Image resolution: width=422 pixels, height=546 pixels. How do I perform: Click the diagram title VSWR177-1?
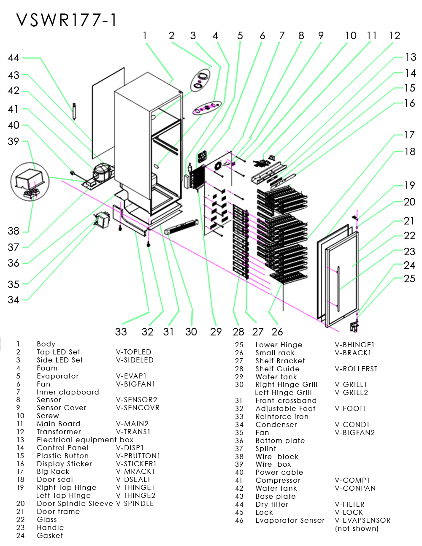(x=67, y=20)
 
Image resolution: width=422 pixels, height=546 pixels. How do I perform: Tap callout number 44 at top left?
(x=14, y=58)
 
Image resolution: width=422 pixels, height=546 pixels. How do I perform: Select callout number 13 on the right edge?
(x=410, y=57)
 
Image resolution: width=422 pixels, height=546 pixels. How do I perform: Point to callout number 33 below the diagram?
(x=121, y=332)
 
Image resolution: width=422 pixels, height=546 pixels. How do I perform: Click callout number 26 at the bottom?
(x=277, y=332)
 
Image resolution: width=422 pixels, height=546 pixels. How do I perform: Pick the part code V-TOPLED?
(x=133, y=352)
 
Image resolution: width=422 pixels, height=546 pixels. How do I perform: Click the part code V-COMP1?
(x=352, y=480)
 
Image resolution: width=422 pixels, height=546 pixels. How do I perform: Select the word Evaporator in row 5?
(x=58, y=376)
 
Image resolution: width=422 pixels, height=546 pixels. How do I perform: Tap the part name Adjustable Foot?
(x=285, y=408)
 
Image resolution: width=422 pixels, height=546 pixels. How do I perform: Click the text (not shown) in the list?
(x=357, y=528)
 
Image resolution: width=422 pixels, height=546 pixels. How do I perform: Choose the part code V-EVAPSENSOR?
(x=362, y=520)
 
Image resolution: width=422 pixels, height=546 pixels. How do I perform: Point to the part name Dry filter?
(x=272, y=504)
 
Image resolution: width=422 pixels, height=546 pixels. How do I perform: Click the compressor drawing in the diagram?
(x=101, y=171)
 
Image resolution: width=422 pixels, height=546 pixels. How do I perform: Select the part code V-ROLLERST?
(x=356, y=369)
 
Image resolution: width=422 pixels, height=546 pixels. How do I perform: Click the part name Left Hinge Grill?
(x=283, y=392)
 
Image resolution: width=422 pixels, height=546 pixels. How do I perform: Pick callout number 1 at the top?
(x=145, y=36)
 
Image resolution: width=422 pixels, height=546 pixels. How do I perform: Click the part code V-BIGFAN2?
(x=354, y=432)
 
